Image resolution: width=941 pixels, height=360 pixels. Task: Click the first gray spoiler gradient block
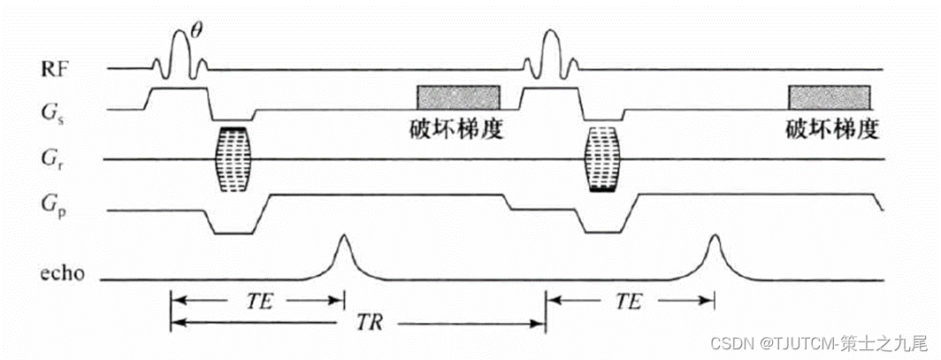point(459,96)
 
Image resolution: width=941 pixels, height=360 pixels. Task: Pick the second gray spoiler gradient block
point(829,96)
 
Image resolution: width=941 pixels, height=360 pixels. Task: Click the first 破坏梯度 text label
point(452,129)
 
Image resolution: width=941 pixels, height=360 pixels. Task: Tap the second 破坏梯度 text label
point(830,129)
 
